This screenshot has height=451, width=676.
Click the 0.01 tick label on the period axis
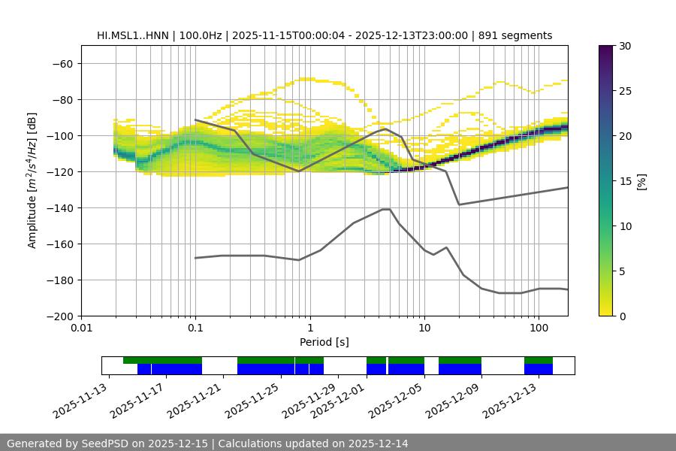81,328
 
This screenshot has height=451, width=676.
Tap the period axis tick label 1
310,328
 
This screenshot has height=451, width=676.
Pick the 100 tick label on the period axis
539,328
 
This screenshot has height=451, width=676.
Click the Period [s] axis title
324,342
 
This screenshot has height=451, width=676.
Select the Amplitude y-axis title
32,181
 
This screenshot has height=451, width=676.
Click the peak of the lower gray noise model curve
386,209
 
